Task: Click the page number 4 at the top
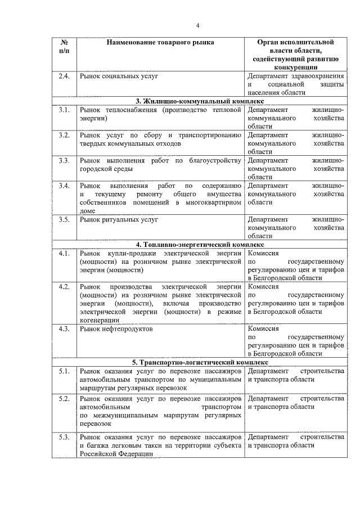point(198,25)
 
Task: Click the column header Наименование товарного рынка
point(160,42)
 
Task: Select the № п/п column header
point(64,47)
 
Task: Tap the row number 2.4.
point(64,75)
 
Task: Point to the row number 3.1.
point(64,110)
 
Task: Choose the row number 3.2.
point(64,136)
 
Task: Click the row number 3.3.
point(64,161)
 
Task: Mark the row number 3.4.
point(64,186)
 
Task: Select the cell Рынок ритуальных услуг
point(119,219)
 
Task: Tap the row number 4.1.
point(64,254)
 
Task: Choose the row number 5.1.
point(64,371)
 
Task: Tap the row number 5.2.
point(64,398)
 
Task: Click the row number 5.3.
point(64,436)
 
